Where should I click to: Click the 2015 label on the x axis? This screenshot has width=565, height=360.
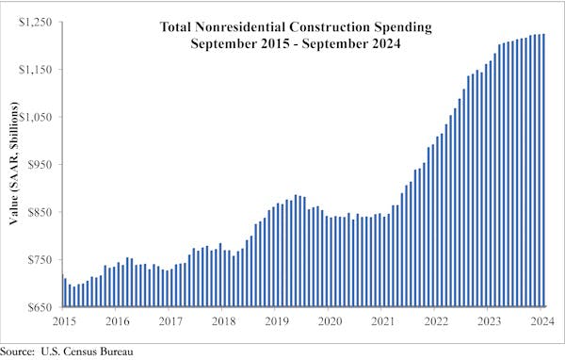click(x=63, y=320)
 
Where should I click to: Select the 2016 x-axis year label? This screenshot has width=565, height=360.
click(x=117, y=320)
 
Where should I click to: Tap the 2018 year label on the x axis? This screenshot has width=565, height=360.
click(x=223, y=320)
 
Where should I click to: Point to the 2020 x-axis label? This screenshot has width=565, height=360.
click(x=331, y=320)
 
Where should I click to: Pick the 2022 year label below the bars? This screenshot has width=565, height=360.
click(x=437, y=320)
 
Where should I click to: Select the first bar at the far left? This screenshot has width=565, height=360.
click(x=63, y=290)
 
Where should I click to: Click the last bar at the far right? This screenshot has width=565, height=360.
click(x=543, y=171)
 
